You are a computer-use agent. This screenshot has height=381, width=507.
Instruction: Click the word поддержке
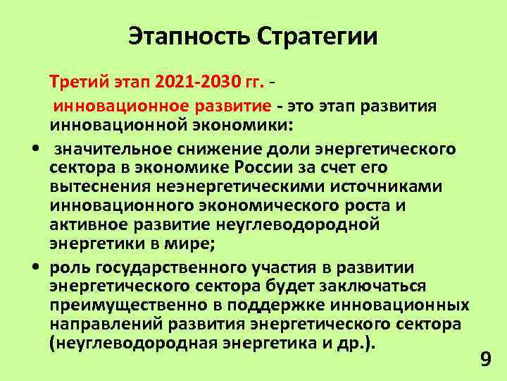265,305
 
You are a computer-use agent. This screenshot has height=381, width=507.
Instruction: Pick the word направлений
99,325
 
